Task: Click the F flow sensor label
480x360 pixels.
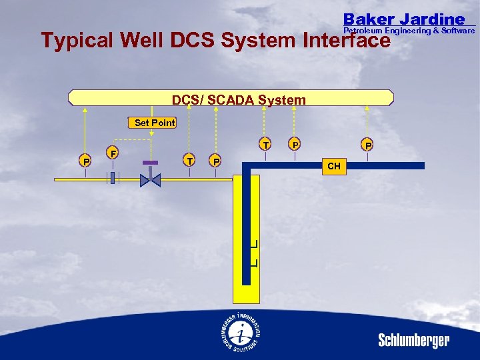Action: click(x=114, y=153)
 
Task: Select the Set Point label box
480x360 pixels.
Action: click(x=154, y=123)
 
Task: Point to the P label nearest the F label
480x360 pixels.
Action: click(x=85, y=161)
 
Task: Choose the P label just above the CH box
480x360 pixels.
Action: click(x=367, y=145)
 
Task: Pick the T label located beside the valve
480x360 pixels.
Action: click(x=191, y=160)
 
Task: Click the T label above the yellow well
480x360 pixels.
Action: click(x=265, y=145)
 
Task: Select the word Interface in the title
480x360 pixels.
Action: click(x=346, y=41)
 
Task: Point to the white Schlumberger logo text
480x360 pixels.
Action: click(x=414, y=341)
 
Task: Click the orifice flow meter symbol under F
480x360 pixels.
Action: click(x=113, y=178)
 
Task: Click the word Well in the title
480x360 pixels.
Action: click(x=144, y=41)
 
